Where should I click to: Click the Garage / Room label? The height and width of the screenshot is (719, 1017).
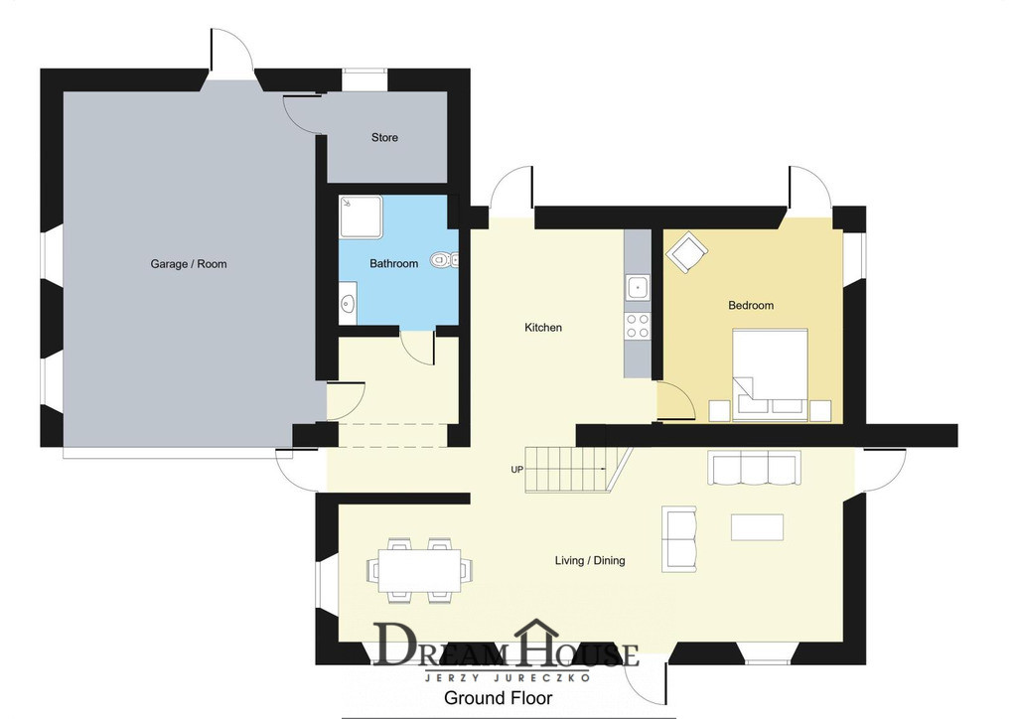189,264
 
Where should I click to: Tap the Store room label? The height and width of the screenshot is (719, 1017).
384,137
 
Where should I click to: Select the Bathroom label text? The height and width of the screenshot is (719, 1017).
393,263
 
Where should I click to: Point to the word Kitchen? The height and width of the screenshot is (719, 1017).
543,328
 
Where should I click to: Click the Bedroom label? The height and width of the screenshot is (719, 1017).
751,305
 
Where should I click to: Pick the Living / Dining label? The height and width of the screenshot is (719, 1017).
590,560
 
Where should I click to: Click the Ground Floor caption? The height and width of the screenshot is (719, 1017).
499,697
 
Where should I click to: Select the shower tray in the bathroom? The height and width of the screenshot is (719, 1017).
361,217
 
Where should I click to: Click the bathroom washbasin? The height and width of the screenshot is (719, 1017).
348,303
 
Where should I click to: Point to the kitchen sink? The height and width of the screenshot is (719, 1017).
638,287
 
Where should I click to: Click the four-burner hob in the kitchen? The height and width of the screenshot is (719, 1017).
638,326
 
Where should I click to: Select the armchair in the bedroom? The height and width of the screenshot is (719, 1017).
686,252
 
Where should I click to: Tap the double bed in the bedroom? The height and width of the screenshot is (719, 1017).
770,374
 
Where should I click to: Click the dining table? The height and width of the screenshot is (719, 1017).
420,570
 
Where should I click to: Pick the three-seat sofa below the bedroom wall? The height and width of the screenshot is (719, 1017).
754,469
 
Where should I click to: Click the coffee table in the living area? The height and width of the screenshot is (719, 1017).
757,527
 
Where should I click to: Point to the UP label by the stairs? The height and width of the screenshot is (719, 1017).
516,470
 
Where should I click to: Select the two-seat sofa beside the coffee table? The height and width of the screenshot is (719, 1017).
679,539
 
